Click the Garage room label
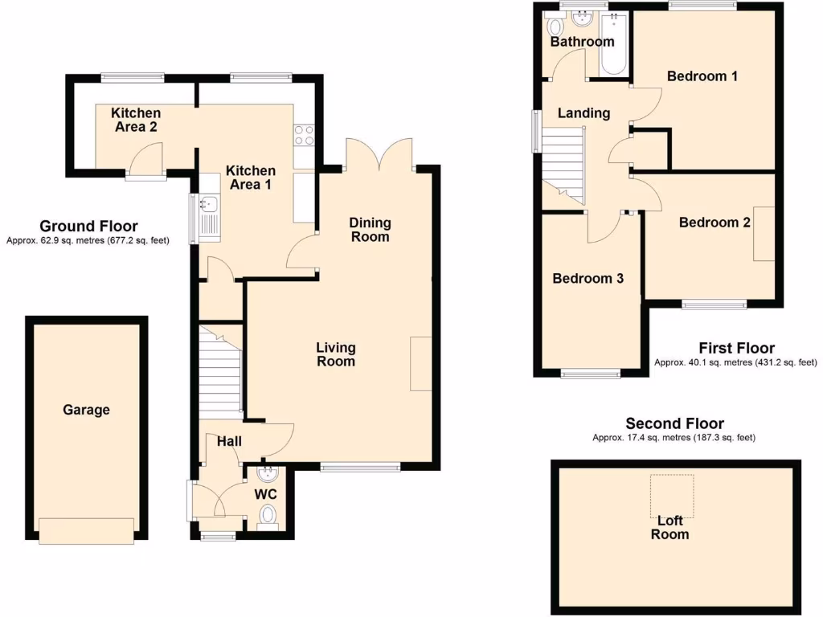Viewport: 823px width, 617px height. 87,410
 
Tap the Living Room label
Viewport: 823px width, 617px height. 335,354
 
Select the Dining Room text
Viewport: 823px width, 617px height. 370,230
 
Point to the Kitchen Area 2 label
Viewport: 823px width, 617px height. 136,120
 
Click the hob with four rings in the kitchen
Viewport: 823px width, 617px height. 305,135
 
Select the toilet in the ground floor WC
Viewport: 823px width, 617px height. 268,515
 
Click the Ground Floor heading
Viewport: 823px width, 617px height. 88,227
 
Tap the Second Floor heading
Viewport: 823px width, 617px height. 674,423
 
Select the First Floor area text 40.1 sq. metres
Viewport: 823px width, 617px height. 735,362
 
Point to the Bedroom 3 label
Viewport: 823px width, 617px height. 588,279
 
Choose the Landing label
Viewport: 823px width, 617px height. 583,113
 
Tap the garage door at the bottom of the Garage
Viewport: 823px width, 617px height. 87,529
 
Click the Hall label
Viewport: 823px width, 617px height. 229,440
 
